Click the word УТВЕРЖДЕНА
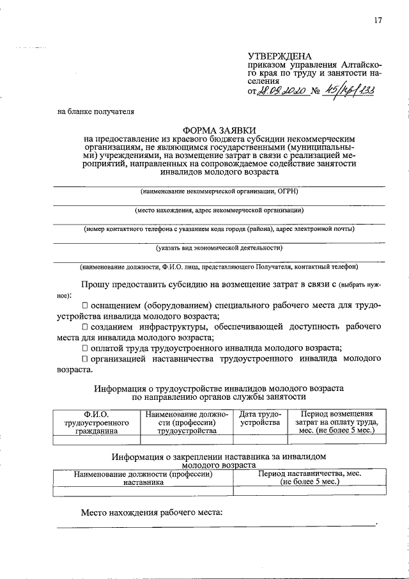(x=279, y=57)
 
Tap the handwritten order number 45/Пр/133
(x=349, y=91)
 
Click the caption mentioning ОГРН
(x=219, y=191)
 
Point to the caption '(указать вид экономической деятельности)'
(x=219, y=248)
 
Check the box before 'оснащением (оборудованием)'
(x=85, y=306)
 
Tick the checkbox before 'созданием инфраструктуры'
(x=85, y=327)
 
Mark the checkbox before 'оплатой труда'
(x=85, y=348)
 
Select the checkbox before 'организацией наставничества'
(x=85, y=359)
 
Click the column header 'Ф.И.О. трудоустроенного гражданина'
(x=97, y=422)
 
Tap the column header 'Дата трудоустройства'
(x=259, y=418)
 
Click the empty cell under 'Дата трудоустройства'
(x=259, y=440)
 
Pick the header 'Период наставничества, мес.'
(x=309, y=477)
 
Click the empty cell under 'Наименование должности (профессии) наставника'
(x=143, y=491)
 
